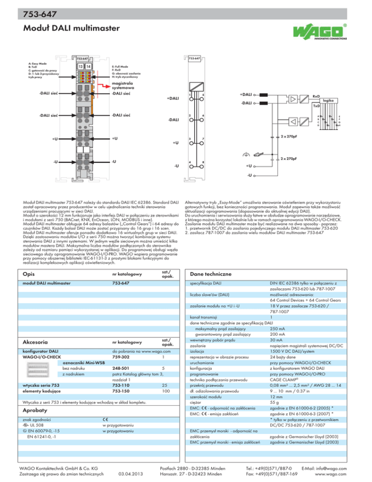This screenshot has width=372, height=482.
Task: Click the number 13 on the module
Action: tap(81, 66)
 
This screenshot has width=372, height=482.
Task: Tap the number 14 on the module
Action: tap(89, 66)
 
